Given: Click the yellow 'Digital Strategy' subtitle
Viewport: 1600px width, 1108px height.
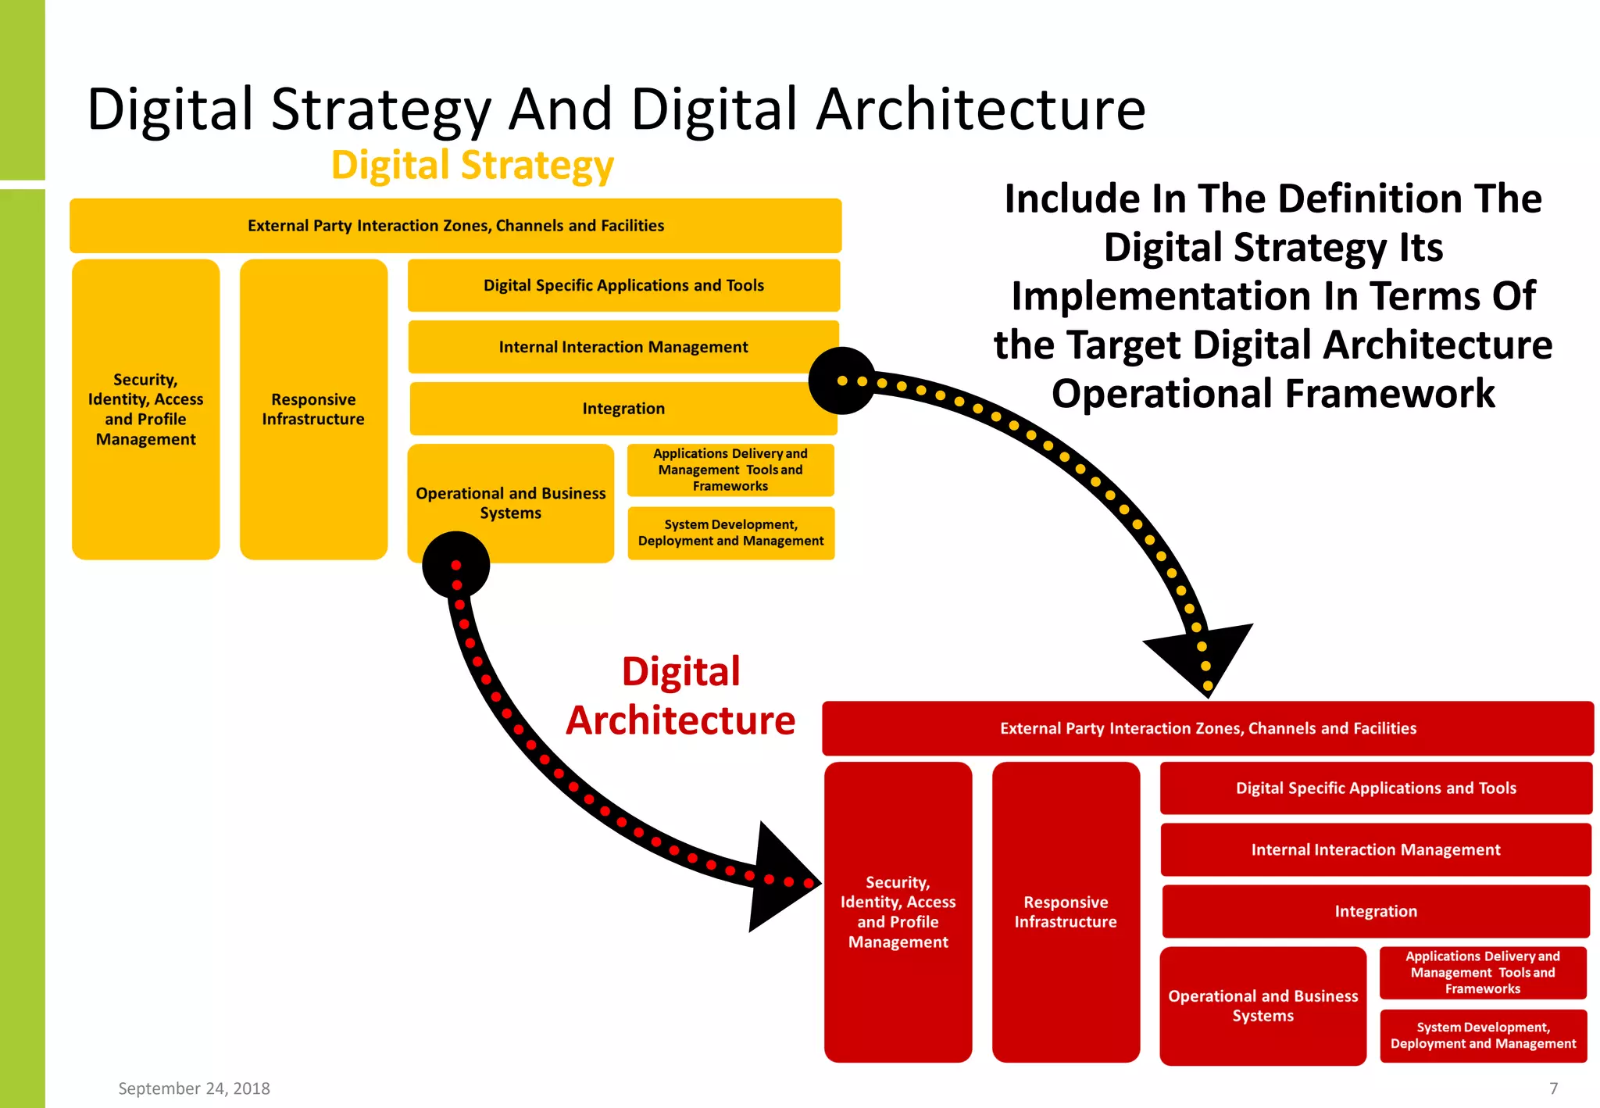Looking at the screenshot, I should pyautogui.click(x=473, y=166).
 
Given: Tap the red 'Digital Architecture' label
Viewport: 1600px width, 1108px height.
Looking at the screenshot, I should pyautogui.click(x=680, y=696).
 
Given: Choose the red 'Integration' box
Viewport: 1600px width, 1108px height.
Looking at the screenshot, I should pyautogui.click(x=1375, y=911).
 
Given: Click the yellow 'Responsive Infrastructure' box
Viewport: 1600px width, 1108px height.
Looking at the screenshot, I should pyautogui.click(x=313, y=409).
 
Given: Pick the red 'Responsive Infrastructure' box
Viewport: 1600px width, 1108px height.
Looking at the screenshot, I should pyautogui.click(x=1066, y=912).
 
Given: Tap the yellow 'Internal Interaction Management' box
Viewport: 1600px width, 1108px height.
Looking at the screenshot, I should pyautogui.click(x=623, y=347).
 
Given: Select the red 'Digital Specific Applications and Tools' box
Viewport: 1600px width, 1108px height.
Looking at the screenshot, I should pyautogui.click(x=1375, y=788).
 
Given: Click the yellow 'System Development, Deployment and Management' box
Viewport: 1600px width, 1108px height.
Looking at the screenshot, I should pyautogui.click(x=730, y=533).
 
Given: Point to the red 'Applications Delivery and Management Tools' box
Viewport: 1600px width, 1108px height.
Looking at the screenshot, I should pyautogui.click(x=1482, y=973).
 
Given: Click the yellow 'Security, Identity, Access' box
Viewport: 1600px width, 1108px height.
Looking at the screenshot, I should pyautogui.click(x=145, y=409).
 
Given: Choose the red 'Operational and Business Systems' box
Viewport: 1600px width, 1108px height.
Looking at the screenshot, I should pyautogui.click(x=1262, y=1006).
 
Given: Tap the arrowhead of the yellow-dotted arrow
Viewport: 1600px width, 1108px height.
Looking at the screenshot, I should pyautogui.click(x=1202, y=656).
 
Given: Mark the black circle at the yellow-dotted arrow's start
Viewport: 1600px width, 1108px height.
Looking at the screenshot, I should pyautogui.click(x=841, y=381).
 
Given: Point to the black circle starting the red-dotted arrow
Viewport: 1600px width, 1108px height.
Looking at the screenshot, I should pyautogui.click(x=455, y=565).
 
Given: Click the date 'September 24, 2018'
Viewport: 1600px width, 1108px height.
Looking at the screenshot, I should pyautogui.click(x=194, y=1088).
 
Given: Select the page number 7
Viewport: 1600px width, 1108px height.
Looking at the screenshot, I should pyautogui.click(x=1553, y=1088).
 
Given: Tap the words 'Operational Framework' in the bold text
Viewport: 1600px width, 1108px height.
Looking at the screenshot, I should pyautogui.click(x=1273, y=394).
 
